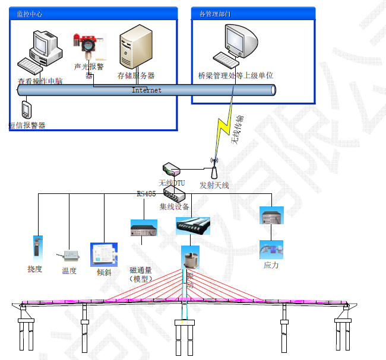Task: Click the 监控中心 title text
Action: click(x=29, y=14)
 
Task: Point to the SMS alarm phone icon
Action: click(x=26, y=110)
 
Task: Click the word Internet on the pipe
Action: click(x=146, y=90)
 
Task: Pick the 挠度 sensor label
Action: click(x=35, y=269)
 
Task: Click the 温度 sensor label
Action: click(x=70, y=270)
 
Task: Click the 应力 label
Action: click(x=271, y=265)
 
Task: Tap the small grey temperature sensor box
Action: click(x=71, y=256)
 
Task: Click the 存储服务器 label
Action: click(x=136, y=75)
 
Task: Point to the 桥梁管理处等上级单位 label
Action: click(x=236, y=75)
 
